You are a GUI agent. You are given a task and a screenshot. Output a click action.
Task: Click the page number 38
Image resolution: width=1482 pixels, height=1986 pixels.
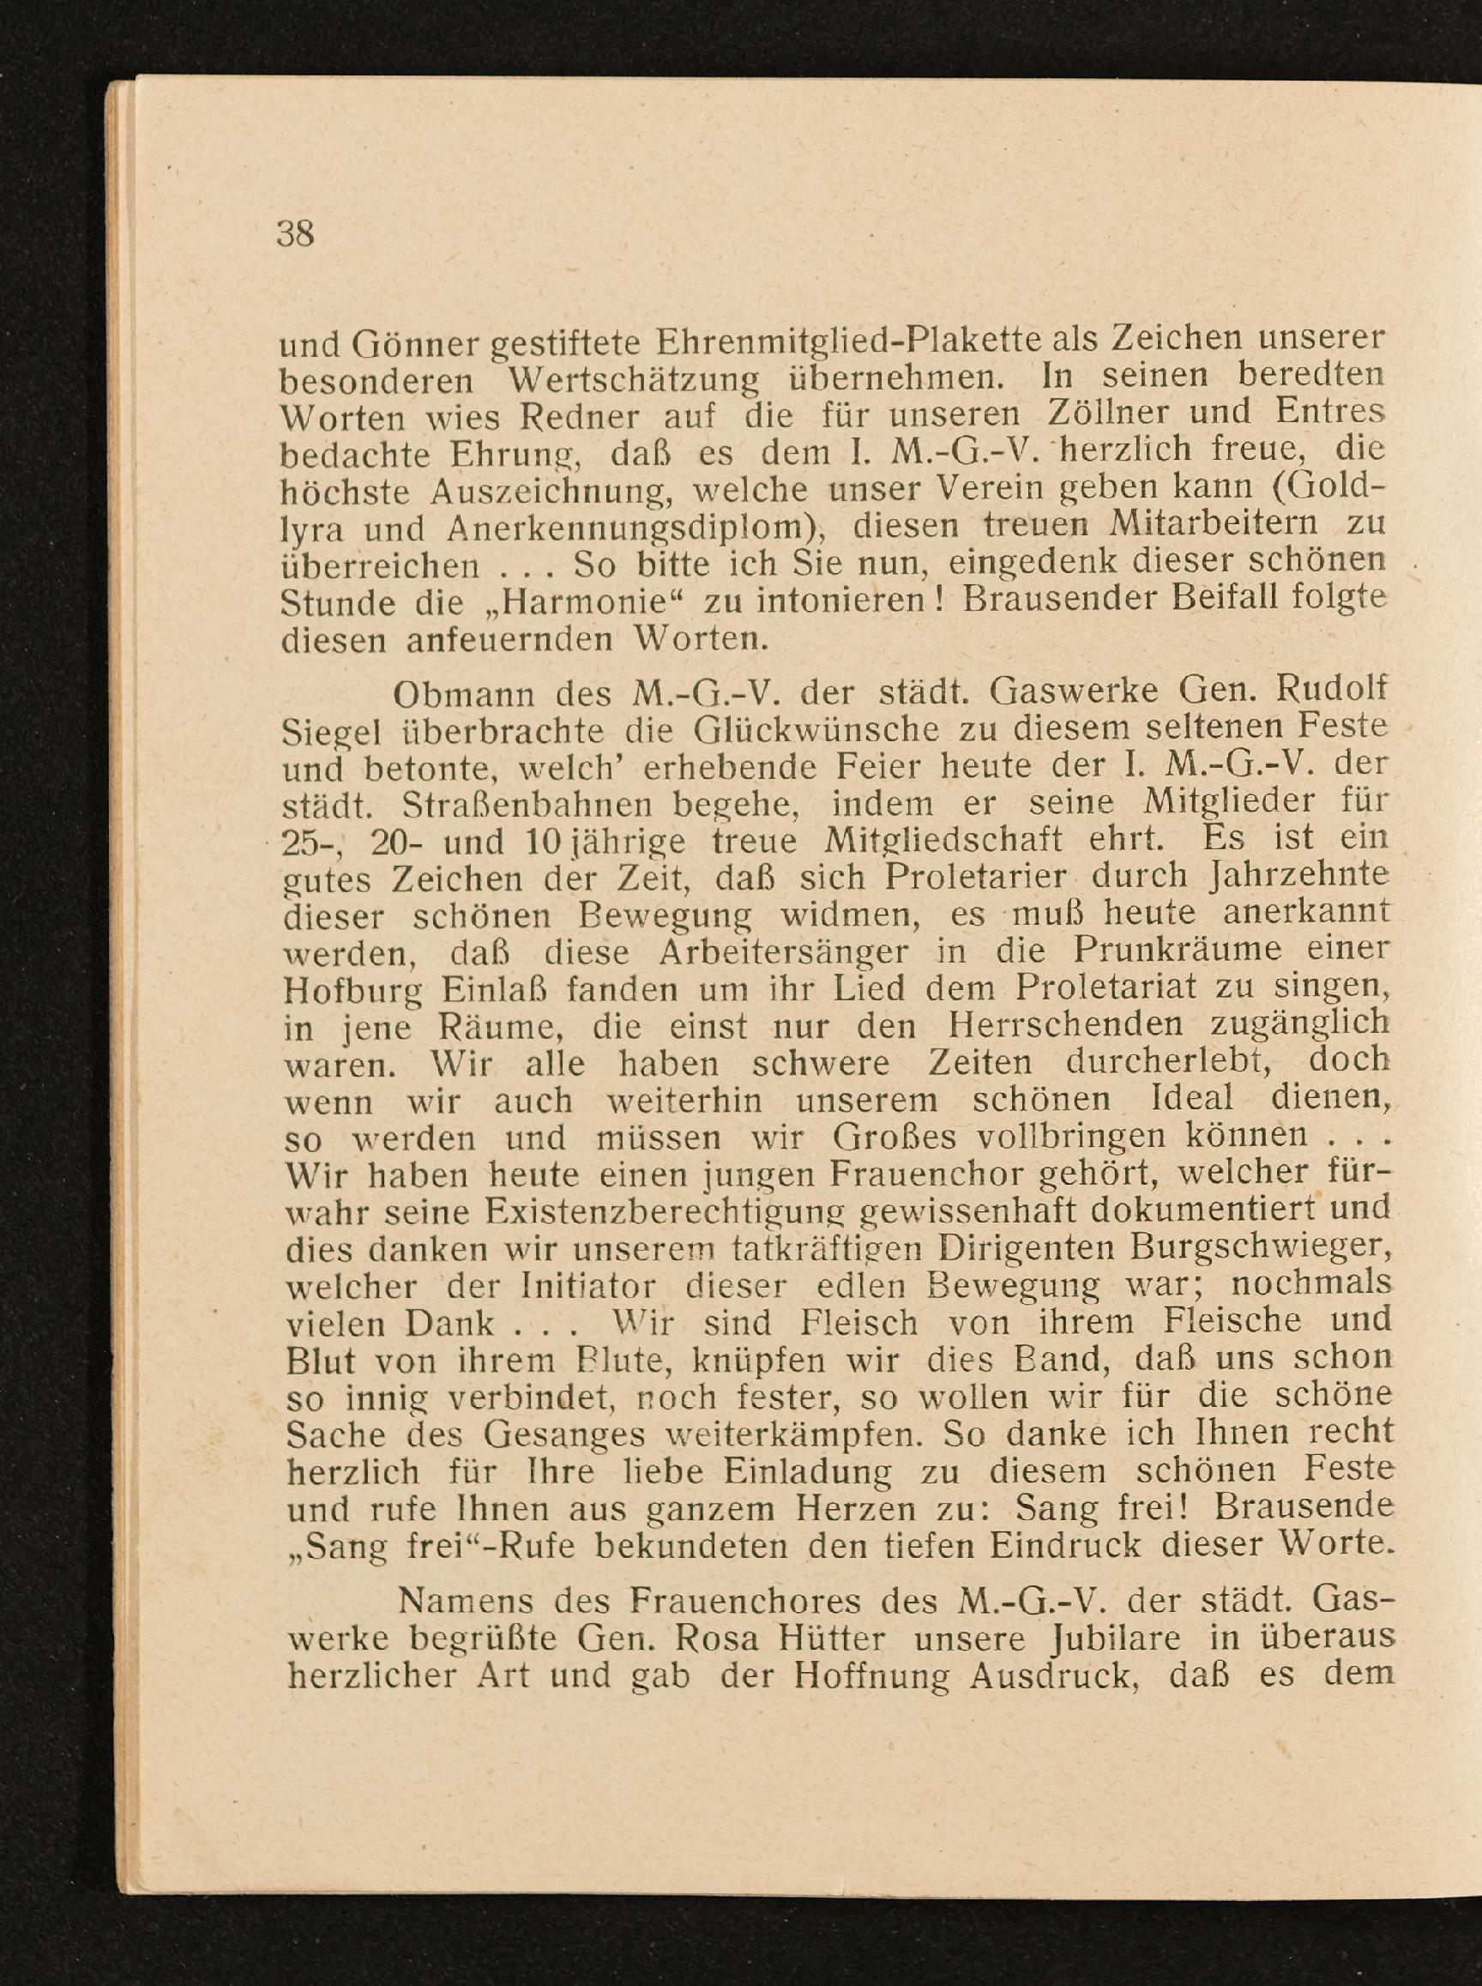295,233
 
